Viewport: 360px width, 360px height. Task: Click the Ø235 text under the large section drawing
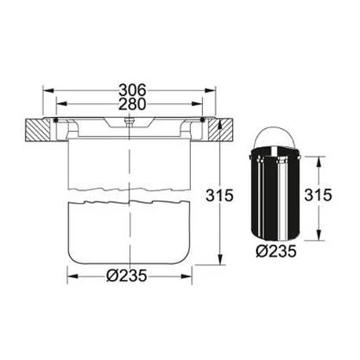pyautogui.click(x=127, y=276)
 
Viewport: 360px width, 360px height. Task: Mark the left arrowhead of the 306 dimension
pyautogui.click(x=56, y=99)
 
